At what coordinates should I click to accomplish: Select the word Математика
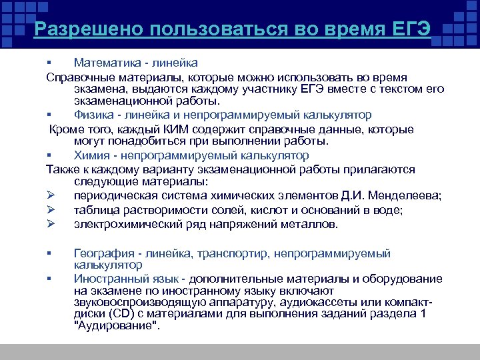click(x=105, y=63)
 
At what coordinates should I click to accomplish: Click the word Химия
click(x=91, y=155)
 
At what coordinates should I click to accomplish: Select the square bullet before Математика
click(x=49, y=63)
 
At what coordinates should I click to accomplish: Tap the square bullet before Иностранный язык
click(x=49, y=279)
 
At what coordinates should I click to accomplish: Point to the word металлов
click(x=313, y=225)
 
